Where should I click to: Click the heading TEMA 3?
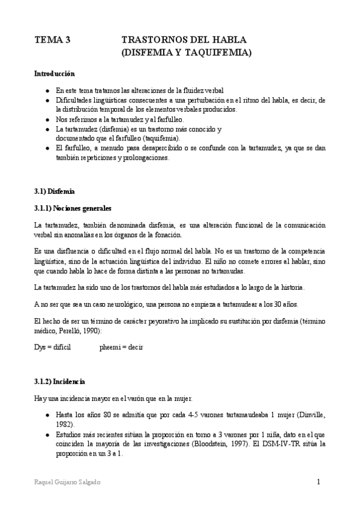click(52, 40)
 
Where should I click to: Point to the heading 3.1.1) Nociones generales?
click(73, 208)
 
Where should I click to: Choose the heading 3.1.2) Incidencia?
click(60, 381)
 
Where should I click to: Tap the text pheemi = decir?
click(121, 347)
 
